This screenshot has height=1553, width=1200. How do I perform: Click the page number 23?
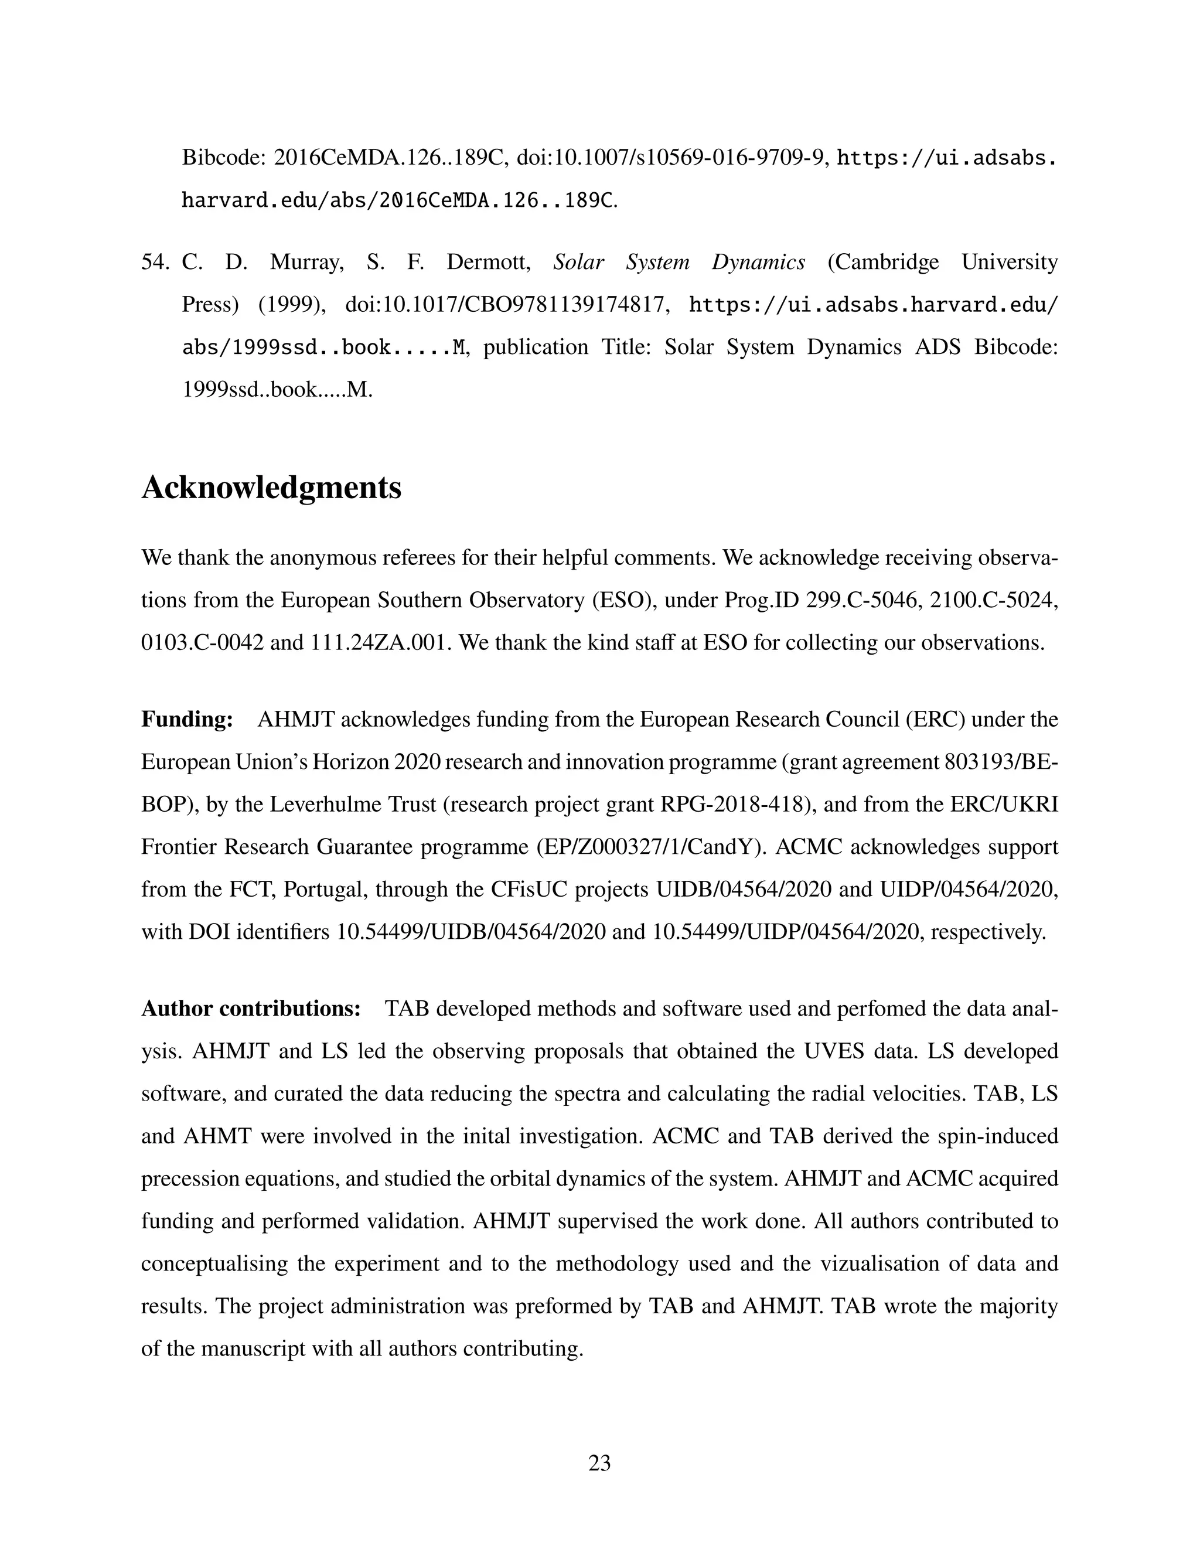coord(599,1463)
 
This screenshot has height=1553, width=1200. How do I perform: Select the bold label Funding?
coord(187,720)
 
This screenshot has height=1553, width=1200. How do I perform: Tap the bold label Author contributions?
coord(251,1009)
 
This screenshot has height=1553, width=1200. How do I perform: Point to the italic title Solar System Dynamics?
coord(679,263)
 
